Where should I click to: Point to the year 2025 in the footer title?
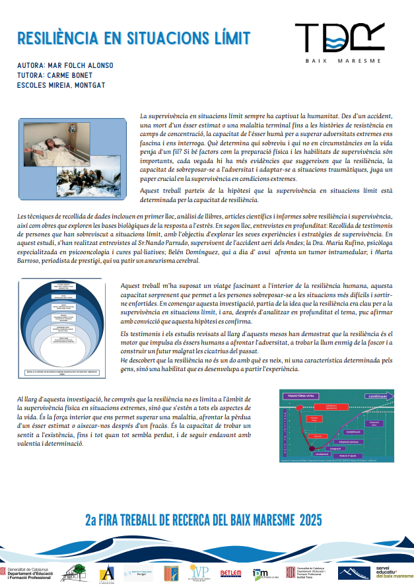click(x=310, y=521)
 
